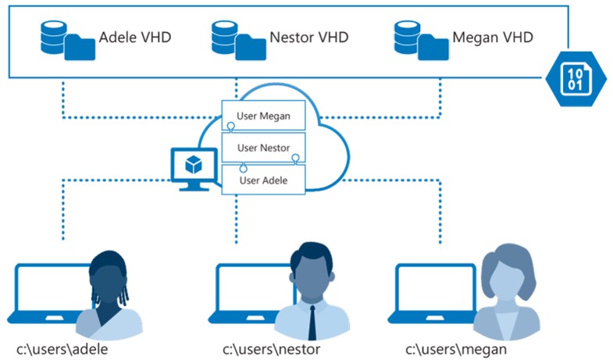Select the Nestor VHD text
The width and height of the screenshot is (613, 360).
pos(308,37)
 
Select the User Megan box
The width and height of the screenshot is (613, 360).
pos(263,117)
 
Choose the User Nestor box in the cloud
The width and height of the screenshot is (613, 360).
pos(263,148)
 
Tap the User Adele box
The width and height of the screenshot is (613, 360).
pos(263,180)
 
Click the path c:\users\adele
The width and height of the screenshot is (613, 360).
pos(62,348)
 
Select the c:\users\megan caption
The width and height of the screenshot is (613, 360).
pos(456,348)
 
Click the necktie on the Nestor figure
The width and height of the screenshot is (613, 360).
pos(312,322)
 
